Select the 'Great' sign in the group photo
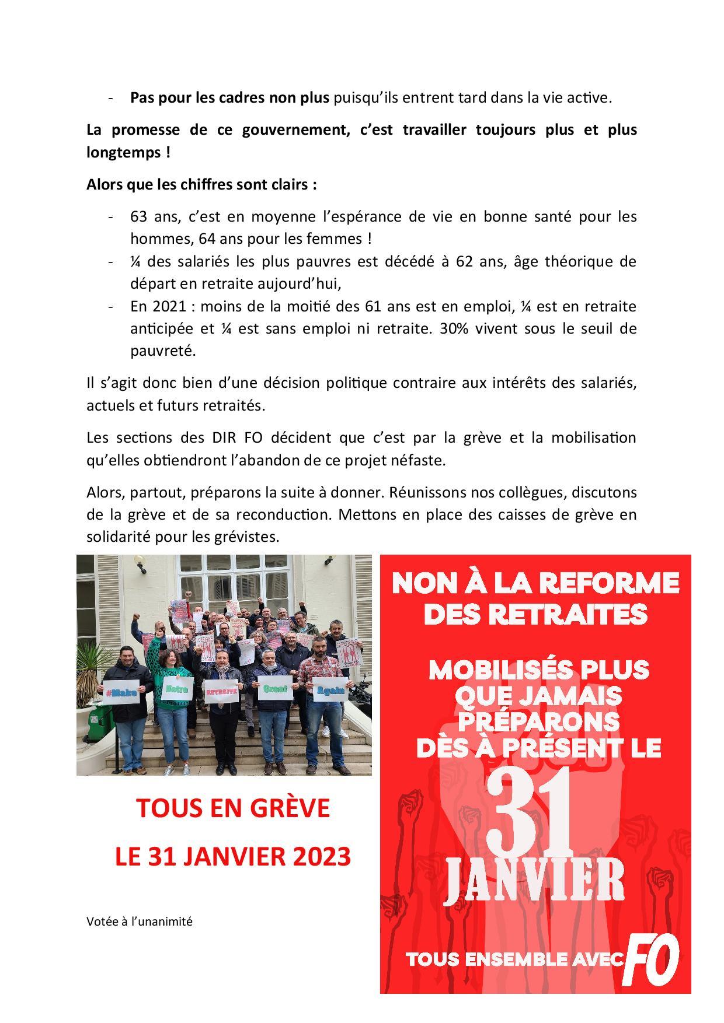pos(274,688)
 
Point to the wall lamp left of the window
pos(140,562)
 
